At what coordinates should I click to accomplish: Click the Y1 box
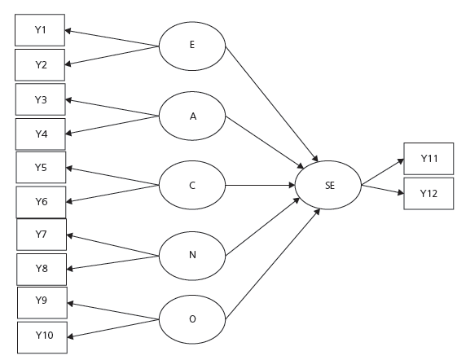(40, 30)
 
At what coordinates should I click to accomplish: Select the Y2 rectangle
(40, 64)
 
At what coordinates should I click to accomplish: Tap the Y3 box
(41, 99)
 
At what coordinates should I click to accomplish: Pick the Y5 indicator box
(41, 168)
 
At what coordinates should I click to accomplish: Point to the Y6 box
(41, 201)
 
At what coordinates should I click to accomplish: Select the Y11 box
(429, 158)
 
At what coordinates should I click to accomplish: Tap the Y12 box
(429, 193)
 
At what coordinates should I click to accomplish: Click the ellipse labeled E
(191, 45)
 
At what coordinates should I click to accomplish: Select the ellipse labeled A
(193, 116)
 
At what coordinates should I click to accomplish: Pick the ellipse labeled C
(192, 185)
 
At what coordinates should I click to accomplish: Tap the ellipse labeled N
(192, 253)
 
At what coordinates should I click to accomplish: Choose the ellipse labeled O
(192, 318)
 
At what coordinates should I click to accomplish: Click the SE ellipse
(329, 186)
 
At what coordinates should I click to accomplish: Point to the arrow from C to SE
(261, 185)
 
